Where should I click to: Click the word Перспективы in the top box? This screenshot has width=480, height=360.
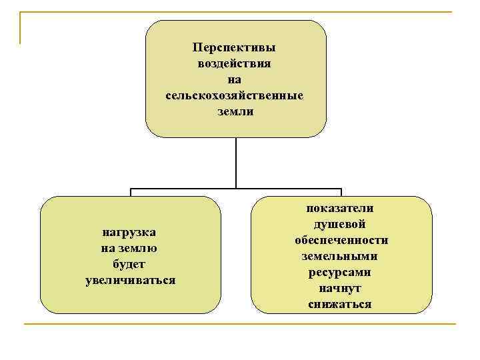pyautogui.click(x=234, y=49)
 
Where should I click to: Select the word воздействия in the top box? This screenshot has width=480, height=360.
pyautogui.click(x=234, y=65)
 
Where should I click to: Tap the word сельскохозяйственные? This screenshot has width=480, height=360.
pyautogui.click(x=234, y=96)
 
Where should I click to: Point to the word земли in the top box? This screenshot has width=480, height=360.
pyautogui.click(x=235, y=111)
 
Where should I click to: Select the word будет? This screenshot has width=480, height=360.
pyautogui.click(x=130, y=264)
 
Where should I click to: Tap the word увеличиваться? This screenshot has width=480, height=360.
pyautogui.click(x=130, y=280)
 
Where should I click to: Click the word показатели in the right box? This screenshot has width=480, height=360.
pyautogui.click(x=341, y=209)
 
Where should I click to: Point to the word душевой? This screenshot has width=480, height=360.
pyautogui.click(x=341, y=225)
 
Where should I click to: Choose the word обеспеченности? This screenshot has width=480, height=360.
pyautogui.click(x=341, y=241)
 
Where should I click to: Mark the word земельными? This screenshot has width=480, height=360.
pyautogui.click(x=341, y=257)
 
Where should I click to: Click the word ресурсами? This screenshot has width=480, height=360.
pyautogui.click(x=341, y=273)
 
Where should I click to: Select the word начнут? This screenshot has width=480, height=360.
pyautogui.click(x=341, y=289)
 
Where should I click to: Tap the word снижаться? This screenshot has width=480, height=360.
pyautogui.click(x=341, y=305)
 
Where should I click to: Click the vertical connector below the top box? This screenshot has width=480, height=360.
pyautogui.click(x=236, y=163)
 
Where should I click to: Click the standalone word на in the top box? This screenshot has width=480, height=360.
pyautogui.click(x=235, y=81)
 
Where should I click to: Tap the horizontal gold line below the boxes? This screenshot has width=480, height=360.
pyautogui.click(x=240, y=324)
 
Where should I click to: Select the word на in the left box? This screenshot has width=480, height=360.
pyautogui.click(x=108, y=249)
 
